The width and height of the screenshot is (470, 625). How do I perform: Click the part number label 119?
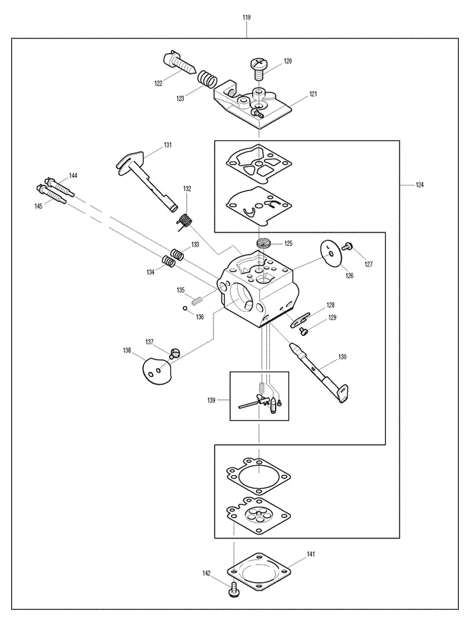(x=246, y=18)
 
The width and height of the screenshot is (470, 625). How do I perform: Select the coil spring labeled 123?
(x=208, y=79)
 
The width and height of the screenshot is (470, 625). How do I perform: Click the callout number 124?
(x=420, y=185)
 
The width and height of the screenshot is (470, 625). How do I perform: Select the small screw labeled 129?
(x=304, y=330)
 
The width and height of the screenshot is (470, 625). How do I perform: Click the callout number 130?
(x=343, y=357)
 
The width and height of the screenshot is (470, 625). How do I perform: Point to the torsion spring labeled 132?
(x=184, y=221)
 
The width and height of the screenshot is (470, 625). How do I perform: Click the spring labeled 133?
(x=178, y=254)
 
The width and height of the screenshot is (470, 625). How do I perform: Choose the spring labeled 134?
(x=169, y=261)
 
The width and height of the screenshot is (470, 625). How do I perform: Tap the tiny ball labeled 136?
(x=185, y=308)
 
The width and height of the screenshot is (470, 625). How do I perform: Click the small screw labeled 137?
(x=174, y=353)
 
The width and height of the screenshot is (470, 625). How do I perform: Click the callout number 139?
(x=211, y=400)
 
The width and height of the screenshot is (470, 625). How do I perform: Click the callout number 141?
(x=311, y=554)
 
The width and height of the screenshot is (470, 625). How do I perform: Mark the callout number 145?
(x=38, y=207)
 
